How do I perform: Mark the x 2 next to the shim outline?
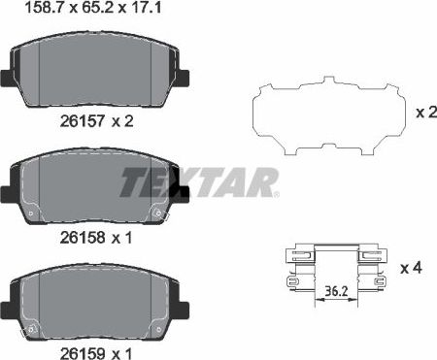(x=424, y=113)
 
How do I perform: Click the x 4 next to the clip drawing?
(x=411, y=265)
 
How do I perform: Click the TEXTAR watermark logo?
(x=199, y=180)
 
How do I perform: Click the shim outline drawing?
(x=330, y=115)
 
